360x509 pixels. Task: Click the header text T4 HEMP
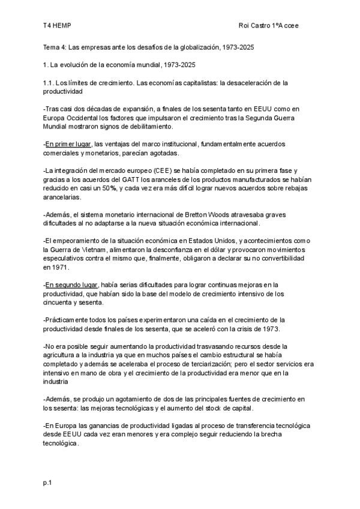tap(56, 26)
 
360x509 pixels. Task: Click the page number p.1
tap(47, 483)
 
